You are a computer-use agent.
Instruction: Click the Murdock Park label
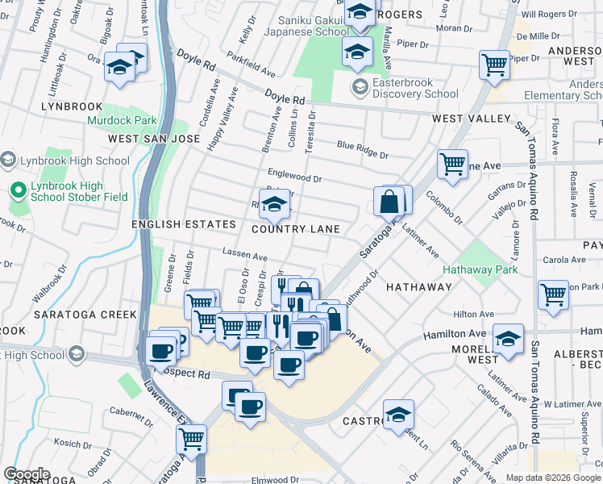pyautogui.click(x=123, y=120)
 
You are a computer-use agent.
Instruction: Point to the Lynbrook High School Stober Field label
pyautogui.click(x=77, y=191)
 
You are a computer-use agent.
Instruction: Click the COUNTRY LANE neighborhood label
pyautogui.click(x=295, y=229)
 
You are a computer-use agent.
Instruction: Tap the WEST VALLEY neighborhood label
pyautogui.click(x=471, y=119)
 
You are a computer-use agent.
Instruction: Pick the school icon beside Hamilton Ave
pyautogui.click(x=508, y=340)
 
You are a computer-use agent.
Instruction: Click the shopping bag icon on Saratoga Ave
pyautogui.click(x=389, y=201)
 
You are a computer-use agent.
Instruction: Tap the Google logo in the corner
pyautogui.click(x=27, y=474)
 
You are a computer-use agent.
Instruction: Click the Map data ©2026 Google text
pyautogui.click(x=552, y=478)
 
